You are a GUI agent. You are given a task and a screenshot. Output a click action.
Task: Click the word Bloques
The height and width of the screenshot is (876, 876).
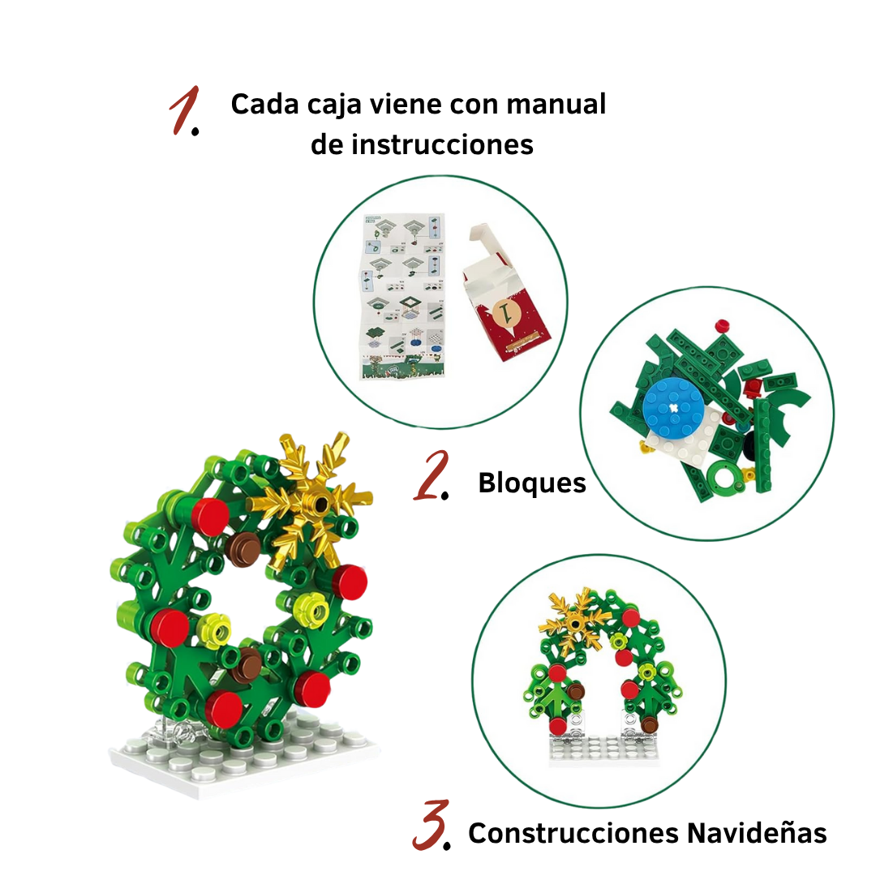tap(531, 483)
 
